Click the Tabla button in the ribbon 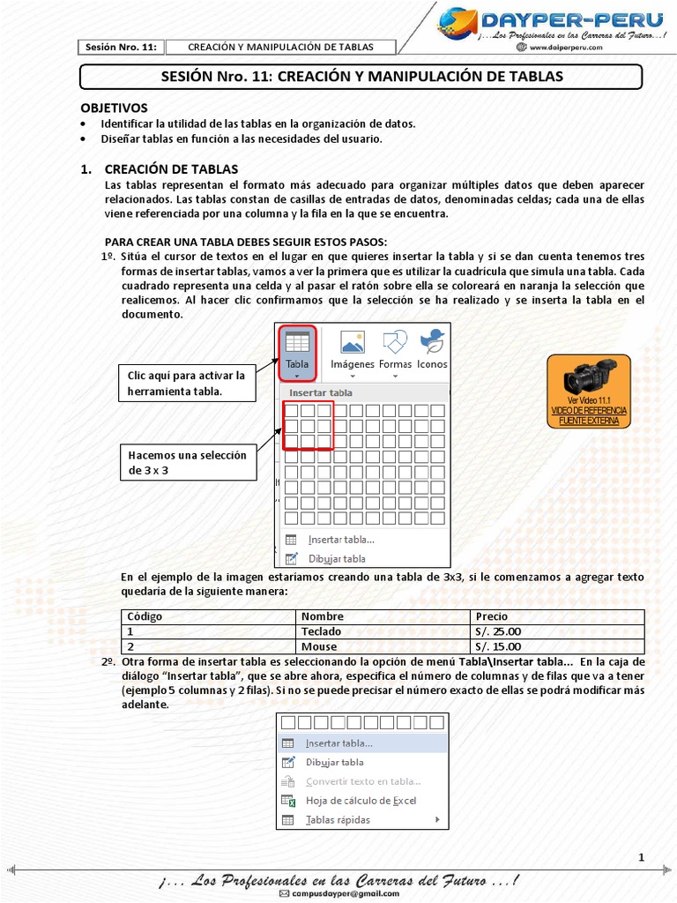tap(297, 349)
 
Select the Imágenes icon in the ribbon tap(352, 349)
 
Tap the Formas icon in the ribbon tap(395, 349)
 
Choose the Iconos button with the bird tap(432, 349)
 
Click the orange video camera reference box tap(588, 391)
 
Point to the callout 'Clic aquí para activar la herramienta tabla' tap(186, 383)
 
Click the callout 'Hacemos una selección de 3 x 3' tap(188, 462)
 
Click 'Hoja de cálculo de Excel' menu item tap(361, 801)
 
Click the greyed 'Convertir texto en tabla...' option tap(361, 781)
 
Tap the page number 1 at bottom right tap(641, 857)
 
